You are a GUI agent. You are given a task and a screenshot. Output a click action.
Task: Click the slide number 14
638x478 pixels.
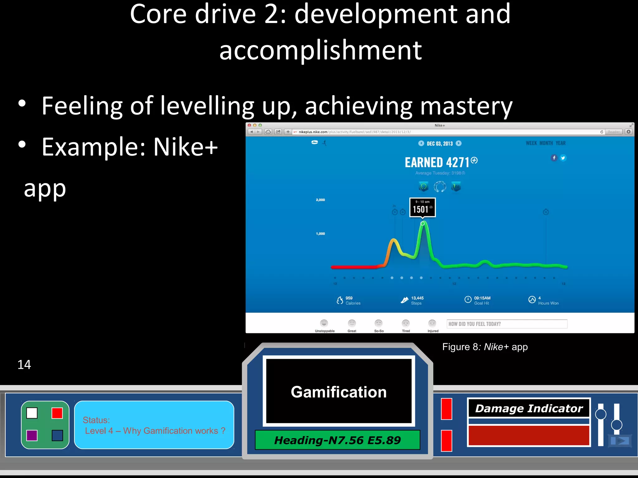point(24,364)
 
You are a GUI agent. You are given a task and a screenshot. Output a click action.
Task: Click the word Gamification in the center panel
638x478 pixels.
point(339,392)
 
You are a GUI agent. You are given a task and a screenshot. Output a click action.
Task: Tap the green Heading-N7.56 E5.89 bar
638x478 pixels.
point(337,440)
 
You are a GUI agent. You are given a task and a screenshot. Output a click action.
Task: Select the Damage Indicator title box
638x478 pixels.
point(529,408)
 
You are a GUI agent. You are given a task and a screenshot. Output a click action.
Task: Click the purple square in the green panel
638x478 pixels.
point(32,435)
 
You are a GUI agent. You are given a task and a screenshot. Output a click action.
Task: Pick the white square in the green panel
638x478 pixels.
point(32,413)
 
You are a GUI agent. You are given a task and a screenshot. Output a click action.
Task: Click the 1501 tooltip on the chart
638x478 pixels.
point(422,207)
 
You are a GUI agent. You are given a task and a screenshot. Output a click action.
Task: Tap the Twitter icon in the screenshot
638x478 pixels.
point(563,158)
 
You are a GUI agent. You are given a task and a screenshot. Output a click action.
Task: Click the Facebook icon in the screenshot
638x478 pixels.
point(554,158)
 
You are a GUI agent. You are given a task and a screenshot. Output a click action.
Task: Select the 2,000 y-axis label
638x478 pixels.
point(320,200)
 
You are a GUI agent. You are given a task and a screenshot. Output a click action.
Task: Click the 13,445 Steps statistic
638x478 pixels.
point(412,300)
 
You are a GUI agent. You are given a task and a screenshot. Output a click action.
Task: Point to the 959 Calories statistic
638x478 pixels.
point(349,300)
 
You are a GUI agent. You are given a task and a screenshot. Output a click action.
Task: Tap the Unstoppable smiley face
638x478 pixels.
point(324,323)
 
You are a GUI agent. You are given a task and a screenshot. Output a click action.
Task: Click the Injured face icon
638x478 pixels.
point(432,323)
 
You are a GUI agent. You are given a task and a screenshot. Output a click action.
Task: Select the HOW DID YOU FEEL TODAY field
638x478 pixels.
point(507,324)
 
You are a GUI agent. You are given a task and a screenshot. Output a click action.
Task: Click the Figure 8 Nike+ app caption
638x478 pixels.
point(485,347)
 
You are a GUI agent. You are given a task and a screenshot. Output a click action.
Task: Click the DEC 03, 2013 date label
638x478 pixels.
point(440,143)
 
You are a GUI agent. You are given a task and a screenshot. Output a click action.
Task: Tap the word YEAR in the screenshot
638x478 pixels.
point(560,143)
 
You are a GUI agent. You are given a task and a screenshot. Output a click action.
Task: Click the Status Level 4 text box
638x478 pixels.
point(154,425)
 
